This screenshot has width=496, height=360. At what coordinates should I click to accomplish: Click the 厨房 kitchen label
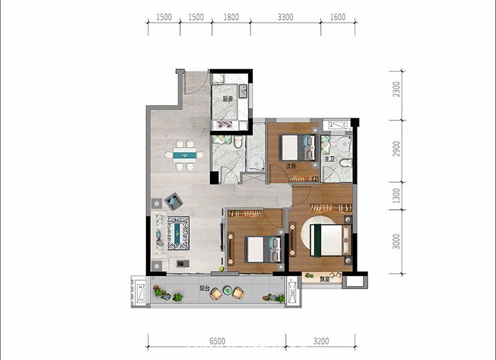point(228,99)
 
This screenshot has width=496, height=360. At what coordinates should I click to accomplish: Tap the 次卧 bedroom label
point(291,166)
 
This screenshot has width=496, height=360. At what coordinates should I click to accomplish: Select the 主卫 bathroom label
point(329,159)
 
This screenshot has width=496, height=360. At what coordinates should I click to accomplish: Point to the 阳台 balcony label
point(205,288)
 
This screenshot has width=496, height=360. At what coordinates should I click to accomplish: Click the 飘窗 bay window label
point(324,279)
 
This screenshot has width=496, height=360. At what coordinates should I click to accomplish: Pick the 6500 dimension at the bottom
point(217,341)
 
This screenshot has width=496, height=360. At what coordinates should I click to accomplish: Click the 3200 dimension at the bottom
point(321,341)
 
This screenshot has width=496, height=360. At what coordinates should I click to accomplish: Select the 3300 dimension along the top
point(285,17)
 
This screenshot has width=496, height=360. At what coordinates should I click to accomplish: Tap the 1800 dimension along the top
point(231,17)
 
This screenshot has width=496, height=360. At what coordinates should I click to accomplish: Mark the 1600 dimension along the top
point(338,17)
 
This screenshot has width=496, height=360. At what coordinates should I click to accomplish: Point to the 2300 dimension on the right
point(396,89)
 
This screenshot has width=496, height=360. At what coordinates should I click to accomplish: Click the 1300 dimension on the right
point(396,195)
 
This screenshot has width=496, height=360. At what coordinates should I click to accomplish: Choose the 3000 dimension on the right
point(396,242)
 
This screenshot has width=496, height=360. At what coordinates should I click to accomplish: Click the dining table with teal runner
point(185,155)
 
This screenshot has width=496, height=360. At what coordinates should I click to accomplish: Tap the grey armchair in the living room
point(174,201)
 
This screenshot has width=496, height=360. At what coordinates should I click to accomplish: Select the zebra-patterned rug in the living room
point(178,233)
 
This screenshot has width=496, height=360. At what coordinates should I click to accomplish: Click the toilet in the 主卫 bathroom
point(346,163)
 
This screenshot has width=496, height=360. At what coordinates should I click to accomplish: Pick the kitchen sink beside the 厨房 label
point(242,91)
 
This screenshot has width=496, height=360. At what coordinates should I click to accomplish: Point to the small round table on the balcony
point(227,290)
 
